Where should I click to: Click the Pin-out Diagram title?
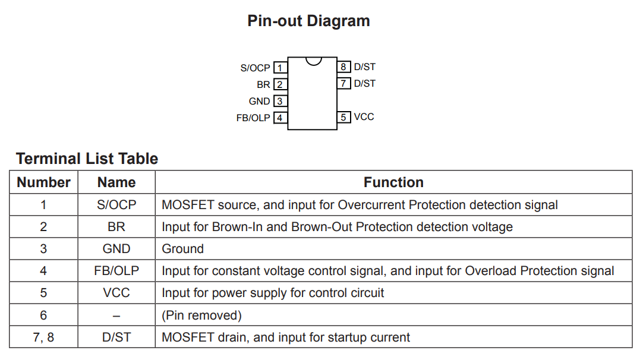[x=308, y=21]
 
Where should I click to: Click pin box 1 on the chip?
[x=279, y=68]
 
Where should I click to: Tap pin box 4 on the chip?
[x=279, y=118]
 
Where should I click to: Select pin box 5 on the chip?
[x=343, y=117]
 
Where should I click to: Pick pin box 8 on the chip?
[x=343, y=67]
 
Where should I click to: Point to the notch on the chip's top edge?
[x=313, y=61]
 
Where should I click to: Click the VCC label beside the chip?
[x=364, y=117]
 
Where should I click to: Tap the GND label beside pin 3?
[x=259, y=102]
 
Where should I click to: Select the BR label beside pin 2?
[x=263, y=85]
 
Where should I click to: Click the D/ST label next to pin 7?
[x=364, y=84]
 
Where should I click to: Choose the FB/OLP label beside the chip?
[x=253, y=118]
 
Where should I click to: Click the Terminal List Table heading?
[x=87, y=159]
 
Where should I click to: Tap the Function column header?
[x=393, y=182]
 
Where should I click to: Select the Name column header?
[x=116, y=182]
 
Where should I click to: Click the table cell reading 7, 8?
[x=43, y=337]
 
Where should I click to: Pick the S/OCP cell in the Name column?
[x=116, y=205]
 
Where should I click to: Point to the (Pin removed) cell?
[x=201, y=315]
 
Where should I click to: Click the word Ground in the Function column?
[x=182, y=249]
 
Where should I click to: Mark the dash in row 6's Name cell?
[x=116, y=315]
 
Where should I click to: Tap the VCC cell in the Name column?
[x=116, y=293]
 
